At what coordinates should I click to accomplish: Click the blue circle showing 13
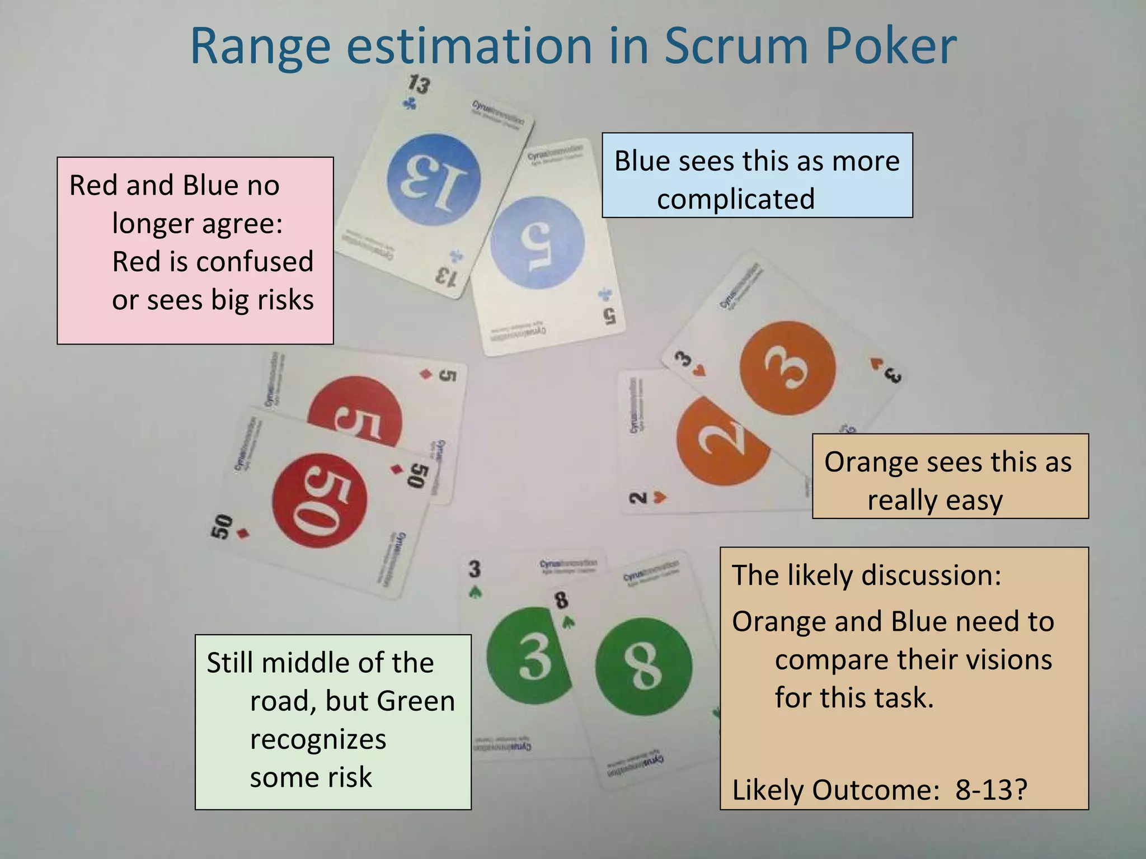[434, 180]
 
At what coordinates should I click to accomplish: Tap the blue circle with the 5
[538, 243]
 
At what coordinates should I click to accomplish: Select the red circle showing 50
[320, 501]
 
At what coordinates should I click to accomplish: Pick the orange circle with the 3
[787, 368]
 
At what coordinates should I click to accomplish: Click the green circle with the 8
[644, 666]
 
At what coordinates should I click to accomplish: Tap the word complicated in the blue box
[735, 199]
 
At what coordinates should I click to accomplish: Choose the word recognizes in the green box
[318, 739]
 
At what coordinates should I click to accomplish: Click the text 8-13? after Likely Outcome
[991, 790]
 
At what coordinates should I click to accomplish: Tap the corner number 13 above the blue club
[419, 84]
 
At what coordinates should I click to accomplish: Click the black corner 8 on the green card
[561, 601]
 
